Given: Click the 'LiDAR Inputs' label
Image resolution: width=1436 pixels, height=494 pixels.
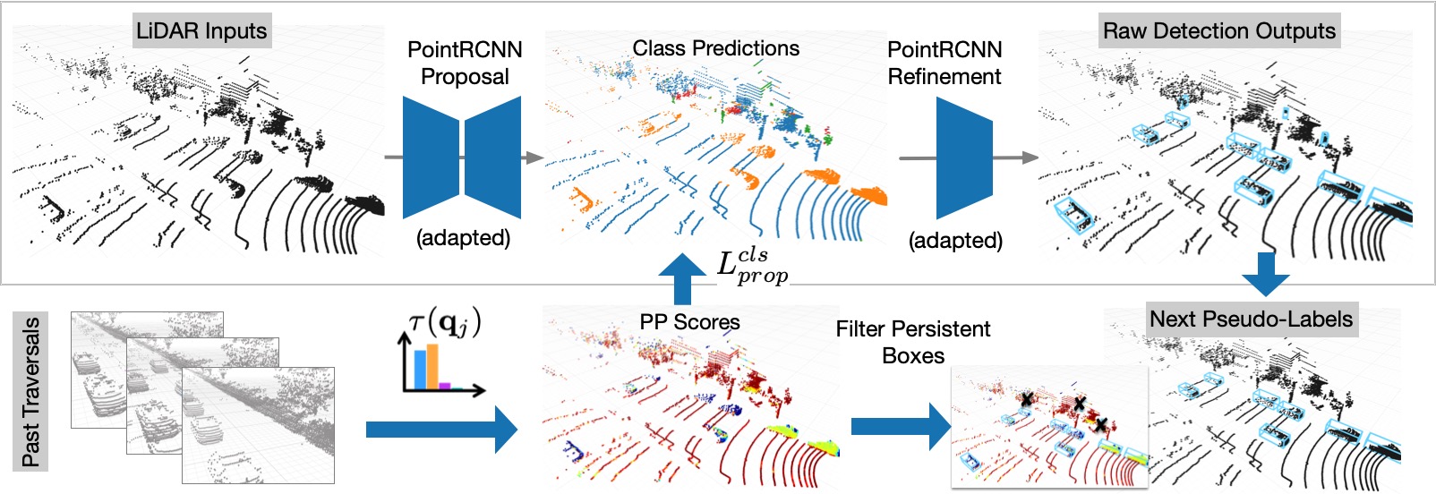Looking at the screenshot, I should tap(201, 31).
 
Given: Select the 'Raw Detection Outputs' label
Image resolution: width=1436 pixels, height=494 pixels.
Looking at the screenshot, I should tap(1218, 31).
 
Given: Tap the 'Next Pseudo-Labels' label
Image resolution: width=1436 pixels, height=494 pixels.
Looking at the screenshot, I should tap(1251, 319).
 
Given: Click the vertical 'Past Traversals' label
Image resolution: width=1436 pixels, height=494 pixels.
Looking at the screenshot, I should tap(31, 391).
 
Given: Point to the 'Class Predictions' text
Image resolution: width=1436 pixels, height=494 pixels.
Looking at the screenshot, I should tap(715, 48).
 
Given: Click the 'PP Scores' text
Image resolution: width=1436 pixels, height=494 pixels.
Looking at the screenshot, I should tap(689, 322).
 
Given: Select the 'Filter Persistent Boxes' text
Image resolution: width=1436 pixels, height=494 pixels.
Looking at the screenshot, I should tap(913, 342).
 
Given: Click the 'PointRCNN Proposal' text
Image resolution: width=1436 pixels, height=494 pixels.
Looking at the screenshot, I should tap(465, 63).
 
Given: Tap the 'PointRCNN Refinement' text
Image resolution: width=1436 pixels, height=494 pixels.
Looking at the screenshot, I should tap(945, 63).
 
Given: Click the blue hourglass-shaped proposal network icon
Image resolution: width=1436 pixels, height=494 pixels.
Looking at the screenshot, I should tap(462, 158).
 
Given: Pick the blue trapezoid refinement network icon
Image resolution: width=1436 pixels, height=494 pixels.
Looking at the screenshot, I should tap(964, 158).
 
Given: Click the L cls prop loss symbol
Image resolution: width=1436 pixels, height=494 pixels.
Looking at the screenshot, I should tap(752, 265).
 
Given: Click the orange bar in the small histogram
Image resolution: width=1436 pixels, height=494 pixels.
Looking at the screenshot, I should tap(432, 366).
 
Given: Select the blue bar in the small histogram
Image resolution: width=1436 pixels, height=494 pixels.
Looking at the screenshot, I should tap(419, 370).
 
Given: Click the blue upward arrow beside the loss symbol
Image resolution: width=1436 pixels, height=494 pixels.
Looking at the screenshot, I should tap(682, 277).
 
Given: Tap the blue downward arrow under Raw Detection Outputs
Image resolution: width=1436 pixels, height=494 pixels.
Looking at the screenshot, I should tap(1265, 273).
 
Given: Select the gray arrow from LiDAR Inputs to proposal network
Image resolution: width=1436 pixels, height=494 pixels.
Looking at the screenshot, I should tap(393, 158).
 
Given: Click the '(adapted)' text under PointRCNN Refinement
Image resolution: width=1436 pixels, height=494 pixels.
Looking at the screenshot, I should tap(955, 240).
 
